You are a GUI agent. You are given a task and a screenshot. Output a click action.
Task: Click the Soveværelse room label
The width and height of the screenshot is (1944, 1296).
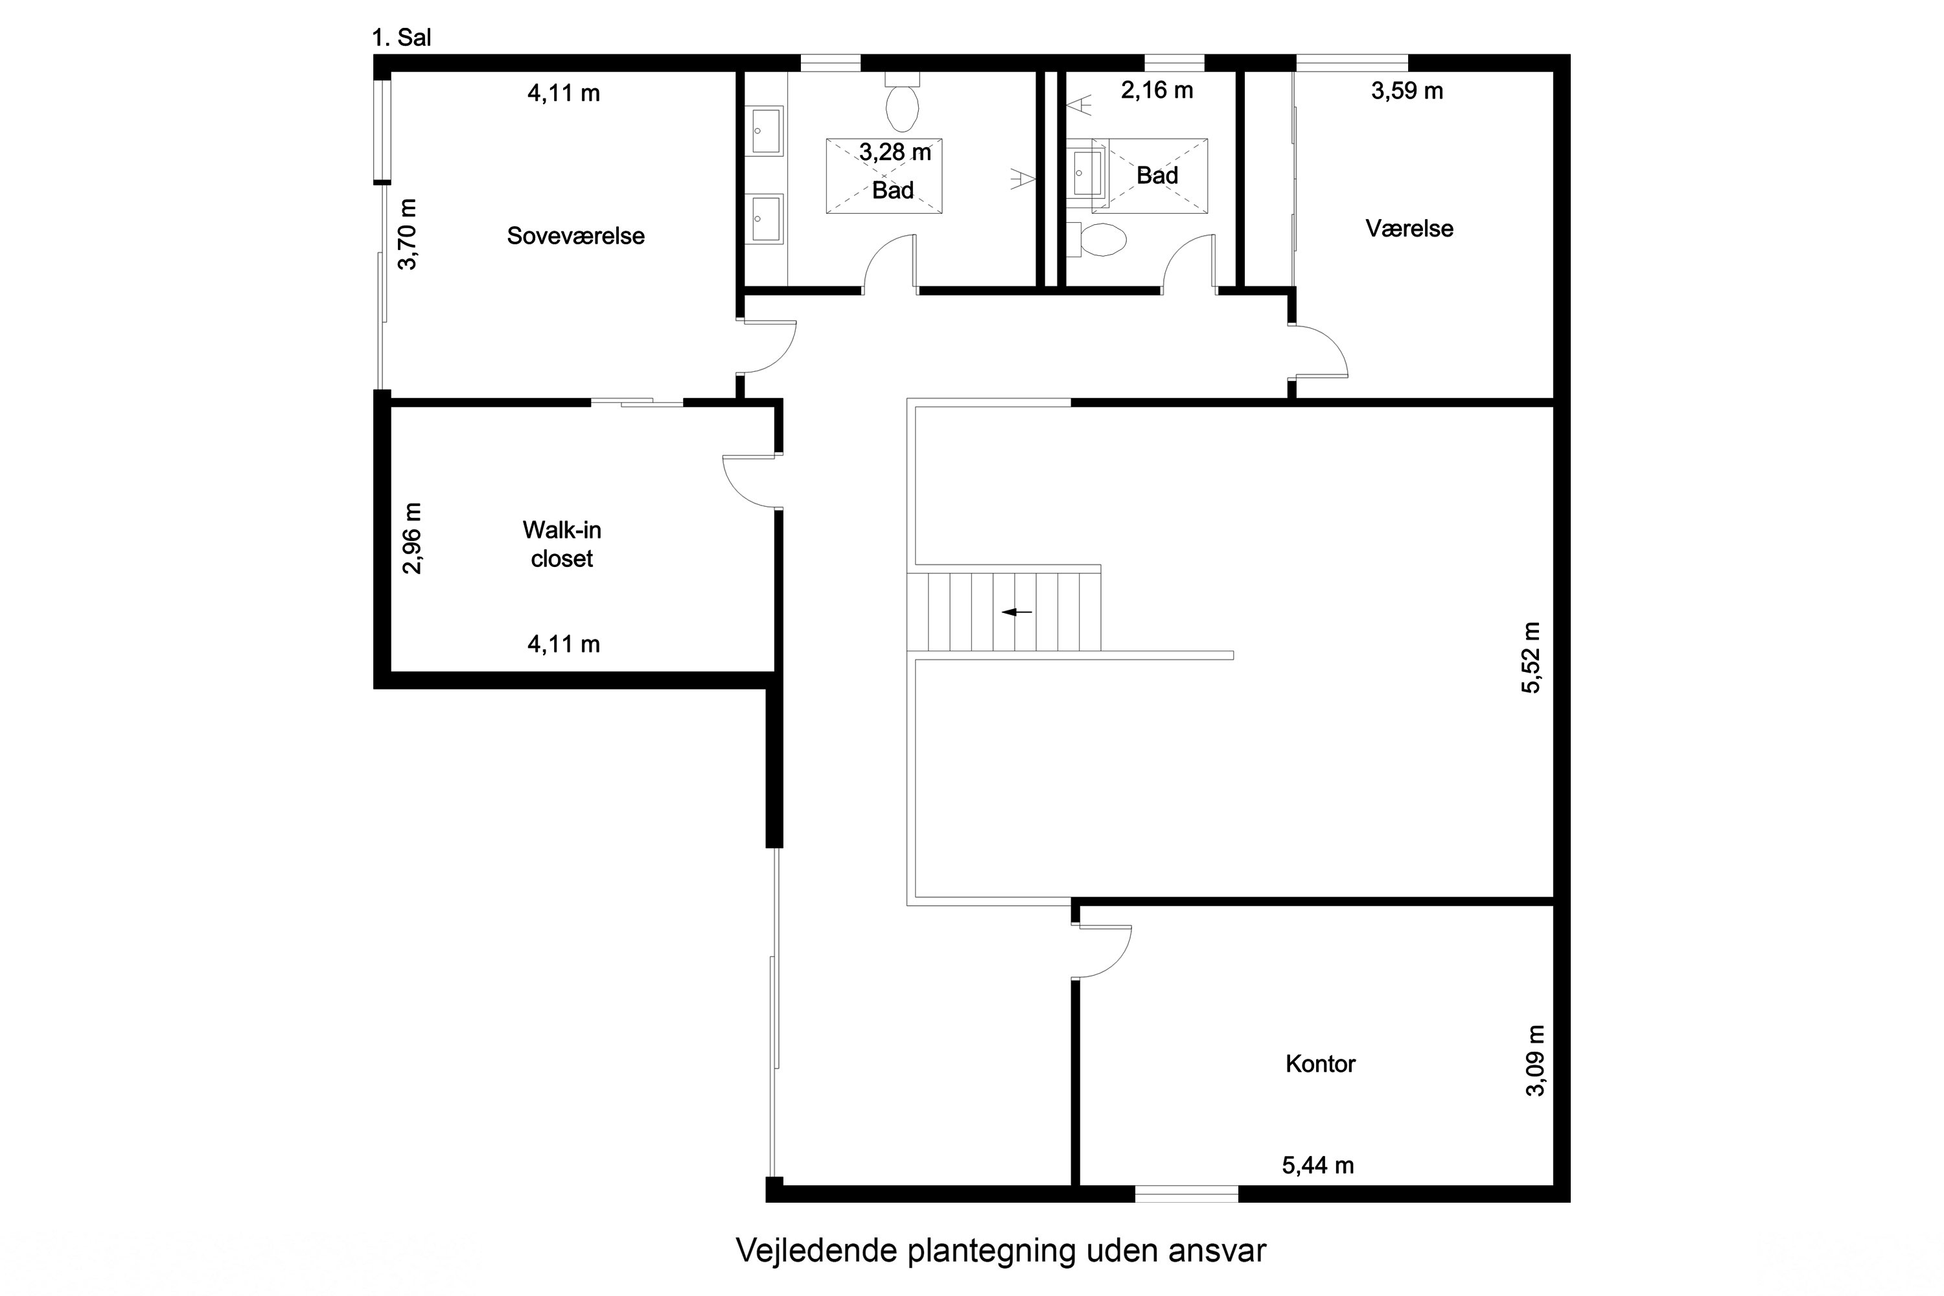pyautogui.click(x=575, y=237)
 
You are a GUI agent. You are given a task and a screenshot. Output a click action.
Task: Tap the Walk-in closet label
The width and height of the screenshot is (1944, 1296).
pyautogui.click(x=562, y=544)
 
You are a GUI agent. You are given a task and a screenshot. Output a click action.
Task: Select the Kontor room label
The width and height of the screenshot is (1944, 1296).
pyautogui.click(x=1320, y=1064)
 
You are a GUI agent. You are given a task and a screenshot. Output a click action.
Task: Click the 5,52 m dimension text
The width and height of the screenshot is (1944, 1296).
pyautogui.click(x=1532, y=658)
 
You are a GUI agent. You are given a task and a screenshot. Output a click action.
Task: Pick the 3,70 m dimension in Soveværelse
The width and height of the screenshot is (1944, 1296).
pyautogui.click(x=408, y=235)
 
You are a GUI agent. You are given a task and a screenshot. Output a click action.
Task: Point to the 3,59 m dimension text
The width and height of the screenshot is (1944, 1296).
pyautogui.click(x=1407, y=91)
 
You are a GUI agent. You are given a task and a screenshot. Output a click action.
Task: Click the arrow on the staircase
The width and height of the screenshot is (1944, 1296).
pyautogui.click(x=1017, y=612)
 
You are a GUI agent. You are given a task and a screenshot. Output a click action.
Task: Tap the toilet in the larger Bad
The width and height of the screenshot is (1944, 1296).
pyautogui.click(x=902, y=108)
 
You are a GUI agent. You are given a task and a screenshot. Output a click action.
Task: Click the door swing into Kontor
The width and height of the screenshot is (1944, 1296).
pyautogui.click(x=1107, y=955)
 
